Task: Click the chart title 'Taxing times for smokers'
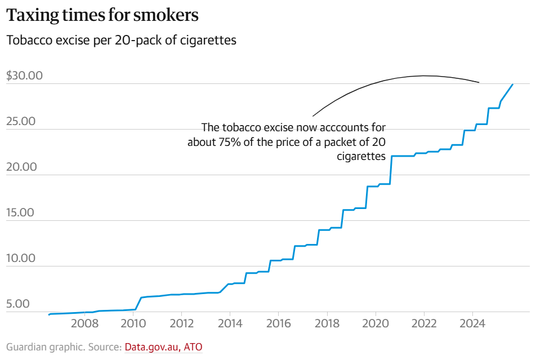(x=102, y=16)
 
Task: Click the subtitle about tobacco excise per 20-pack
(x=121, y=41)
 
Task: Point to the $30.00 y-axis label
(x=24, y=76)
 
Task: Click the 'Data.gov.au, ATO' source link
(x=163, y=347)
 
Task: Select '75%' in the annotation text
(x=228, y=141)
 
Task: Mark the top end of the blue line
(x=512, y=85)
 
